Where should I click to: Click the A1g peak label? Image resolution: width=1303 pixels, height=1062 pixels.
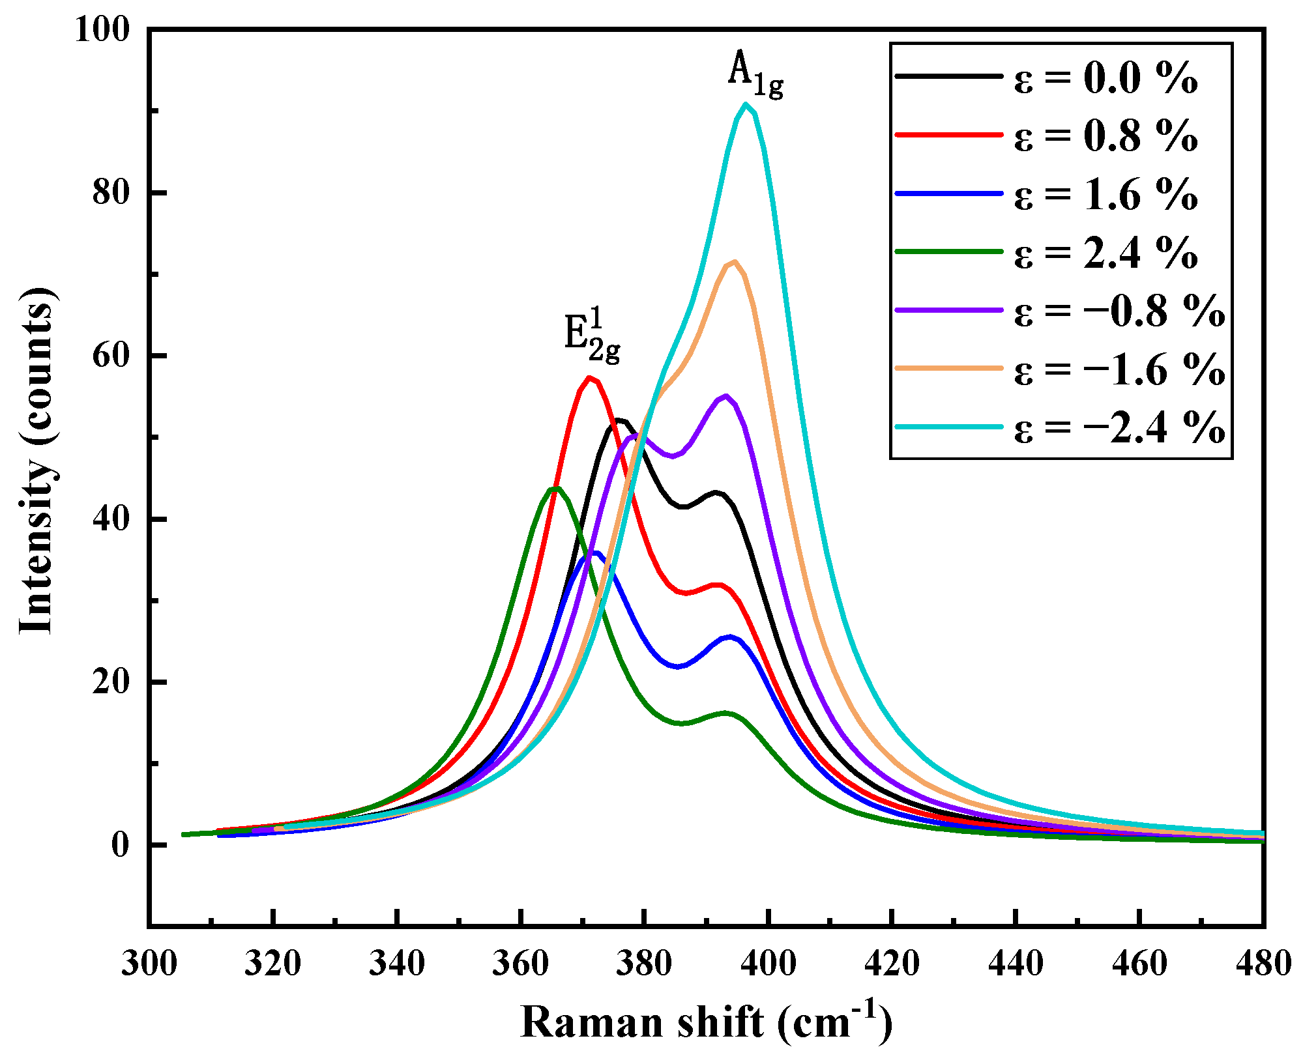(755, 74)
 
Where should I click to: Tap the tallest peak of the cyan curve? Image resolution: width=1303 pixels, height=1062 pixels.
(745, 105)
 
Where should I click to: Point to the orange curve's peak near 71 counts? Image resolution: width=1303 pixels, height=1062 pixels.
(734, 262)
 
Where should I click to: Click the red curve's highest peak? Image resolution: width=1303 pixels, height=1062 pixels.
(589, 378)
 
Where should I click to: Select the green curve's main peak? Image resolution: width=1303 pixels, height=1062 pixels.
(554, 488)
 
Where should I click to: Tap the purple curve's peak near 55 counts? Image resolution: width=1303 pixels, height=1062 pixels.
(725, 396)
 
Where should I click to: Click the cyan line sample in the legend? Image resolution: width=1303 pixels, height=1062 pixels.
(948, 427)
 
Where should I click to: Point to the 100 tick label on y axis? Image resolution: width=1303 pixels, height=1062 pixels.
(102, 30)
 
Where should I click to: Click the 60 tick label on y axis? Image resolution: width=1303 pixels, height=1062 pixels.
(111, 356)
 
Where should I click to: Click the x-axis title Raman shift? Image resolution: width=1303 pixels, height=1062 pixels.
(706, 1022)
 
